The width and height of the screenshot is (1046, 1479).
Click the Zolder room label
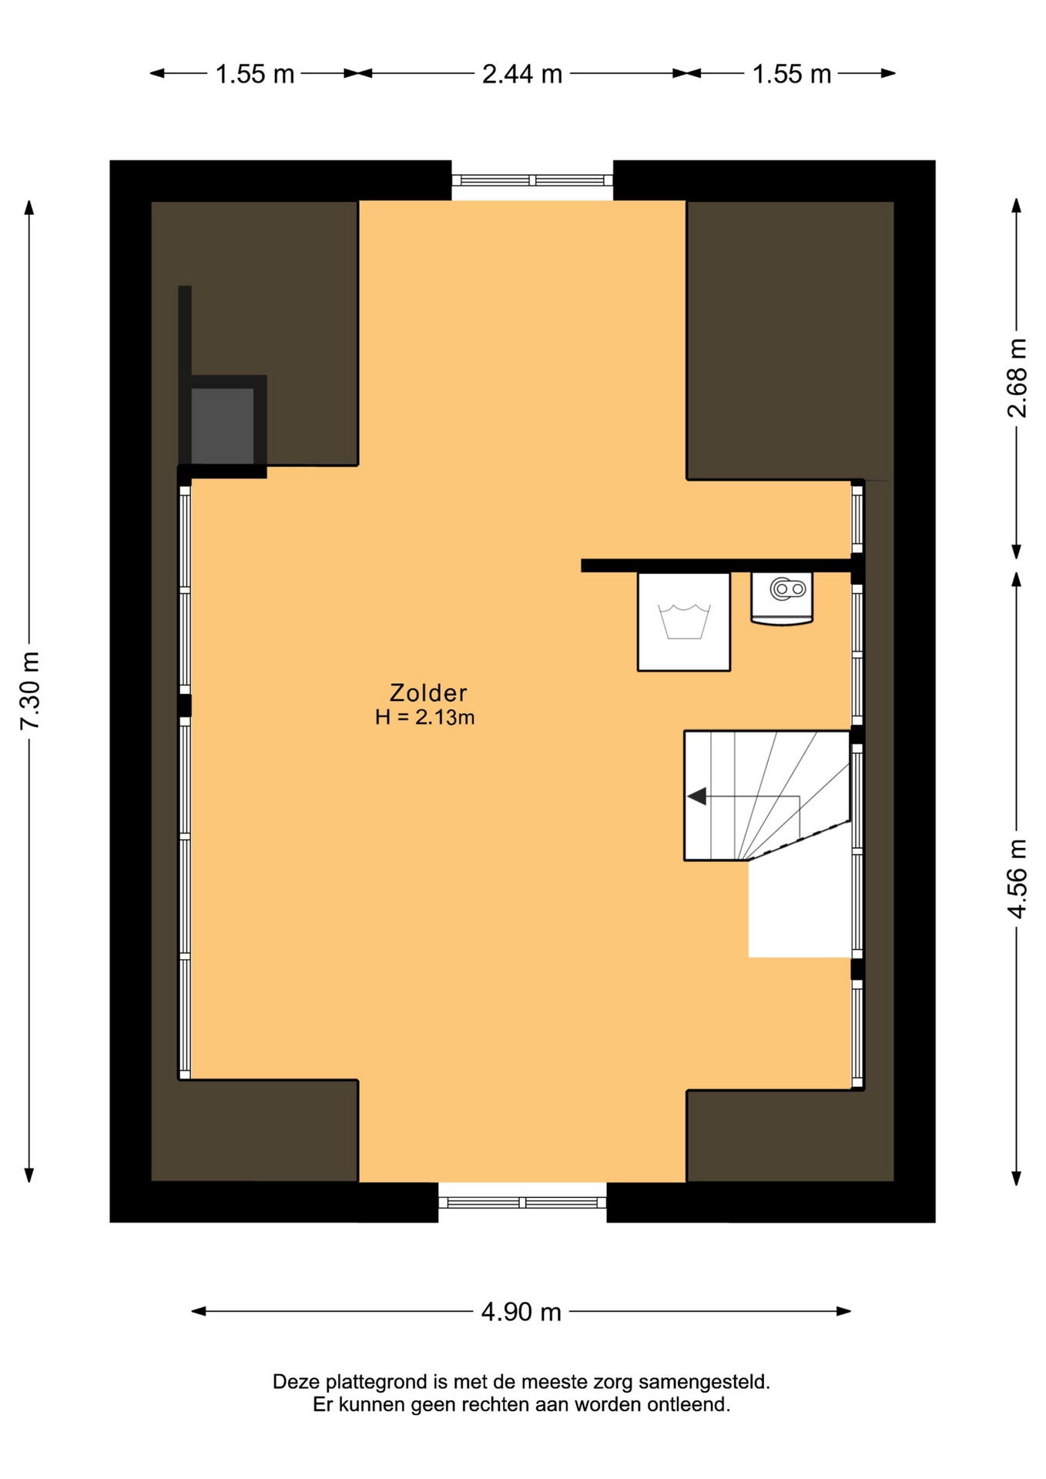(428, 692)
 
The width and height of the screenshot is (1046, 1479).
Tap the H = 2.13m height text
(424, 717)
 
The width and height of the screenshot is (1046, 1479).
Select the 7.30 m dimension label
(29, 690)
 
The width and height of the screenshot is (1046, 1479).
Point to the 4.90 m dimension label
(521, 1311)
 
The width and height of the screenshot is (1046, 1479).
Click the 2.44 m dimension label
(522, 74)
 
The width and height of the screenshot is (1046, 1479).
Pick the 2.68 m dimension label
(1017, 377)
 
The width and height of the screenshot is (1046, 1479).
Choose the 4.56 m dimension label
(1017, 878)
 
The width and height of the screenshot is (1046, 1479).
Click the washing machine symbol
(684, 622)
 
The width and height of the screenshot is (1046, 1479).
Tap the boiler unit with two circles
(782, 599)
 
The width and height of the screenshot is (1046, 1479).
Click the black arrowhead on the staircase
(697, 796)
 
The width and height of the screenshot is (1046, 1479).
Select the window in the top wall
(532, 180)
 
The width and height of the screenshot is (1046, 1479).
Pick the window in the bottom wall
(522, 1202)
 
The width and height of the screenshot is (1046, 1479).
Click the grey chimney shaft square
(222, 426)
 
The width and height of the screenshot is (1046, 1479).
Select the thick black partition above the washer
(719, 565)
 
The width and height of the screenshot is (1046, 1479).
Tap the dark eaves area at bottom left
(254, 1130)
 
